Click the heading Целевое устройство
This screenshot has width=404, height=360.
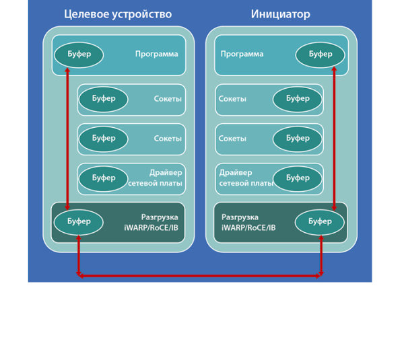click(x=117, y=14)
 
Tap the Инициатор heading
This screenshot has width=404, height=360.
click(x=281, y=14)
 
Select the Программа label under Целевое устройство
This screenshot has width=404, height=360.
click(x=156, y=55)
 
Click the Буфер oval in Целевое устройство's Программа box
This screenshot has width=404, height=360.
click(x=79, y=55)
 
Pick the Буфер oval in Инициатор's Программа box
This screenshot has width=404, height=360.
click(x=321, y=55)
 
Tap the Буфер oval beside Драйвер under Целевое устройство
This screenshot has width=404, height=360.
click(x=104, y=178)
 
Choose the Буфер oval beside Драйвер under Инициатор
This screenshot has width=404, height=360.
click(x=298, y=178)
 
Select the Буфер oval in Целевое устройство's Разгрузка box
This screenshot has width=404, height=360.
click(x=79, y=221)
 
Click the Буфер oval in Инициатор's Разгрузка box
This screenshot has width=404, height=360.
click(x=321, y=221)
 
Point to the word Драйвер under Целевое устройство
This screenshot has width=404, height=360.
click(x=166, y=173)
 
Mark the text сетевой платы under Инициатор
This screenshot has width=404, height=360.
click(x=246, y=183)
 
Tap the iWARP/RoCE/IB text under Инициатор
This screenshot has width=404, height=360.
click(x=248, y=228)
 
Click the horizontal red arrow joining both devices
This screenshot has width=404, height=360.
click(x=200, y=275)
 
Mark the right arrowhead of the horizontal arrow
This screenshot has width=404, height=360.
click(x=320, y=275)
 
